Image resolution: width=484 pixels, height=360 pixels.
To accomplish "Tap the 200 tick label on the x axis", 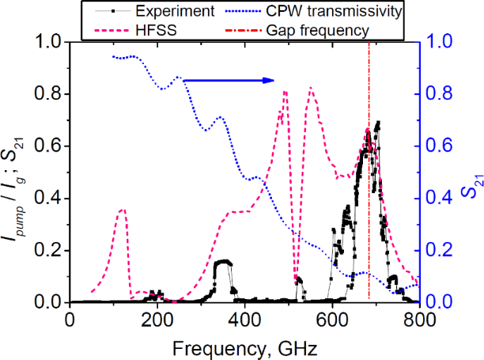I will pyautogui.click(x=157, y=319).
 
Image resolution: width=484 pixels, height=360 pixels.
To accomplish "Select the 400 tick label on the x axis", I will pyautogui.click(x=245, y=319).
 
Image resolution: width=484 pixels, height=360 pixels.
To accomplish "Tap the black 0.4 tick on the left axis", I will pyautogui.click(x=51, y=199).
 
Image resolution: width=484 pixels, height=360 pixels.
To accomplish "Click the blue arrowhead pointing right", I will pyautogui.click(x=270, y=79).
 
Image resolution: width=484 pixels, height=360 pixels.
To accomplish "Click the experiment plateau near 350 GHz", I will pyautogui.click(x=223, y=261).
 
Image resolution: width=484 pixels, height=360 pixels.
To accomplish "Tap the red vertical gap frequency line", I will pyautogui.click(x=369, y=198).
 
